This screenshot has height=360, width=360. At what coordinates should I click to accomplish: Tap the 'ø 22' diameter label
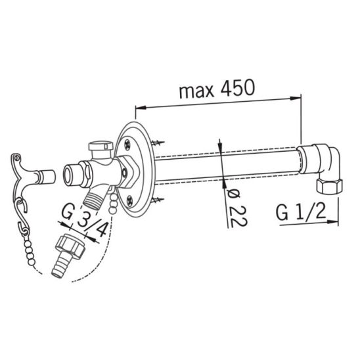235,207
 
